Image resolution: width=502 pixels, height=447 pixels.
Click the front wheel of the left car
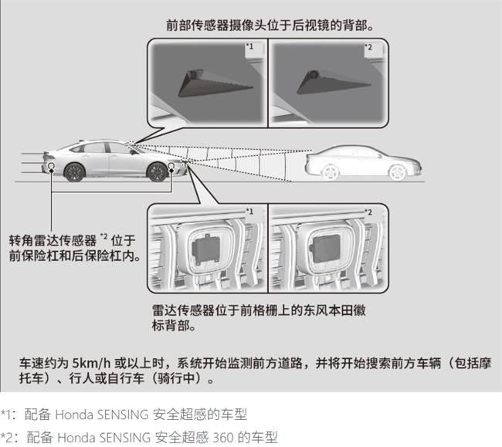pyautogui.click(x=157, y=172)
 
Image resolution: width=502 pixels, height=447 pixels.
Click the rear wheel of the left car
pyautogui.click(x=75, y=172)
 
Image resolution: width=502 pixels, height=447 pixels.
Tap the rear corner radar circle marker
pyautogui.click(x=51, y=165)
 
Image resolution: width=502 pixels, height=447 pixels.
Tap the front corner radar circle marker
pyautogui.click(x=171, y=165)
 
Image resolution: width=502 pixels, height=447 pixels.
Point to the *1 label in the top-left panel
pyautogui.click(x=249, y=46)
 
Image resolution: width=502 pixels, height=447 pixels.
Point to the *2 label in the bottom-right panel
pyautogui.click(x=368, y=212)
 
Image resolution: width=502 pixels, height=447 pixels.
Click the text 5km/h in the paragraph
pyautogui.click(x=91, y=363)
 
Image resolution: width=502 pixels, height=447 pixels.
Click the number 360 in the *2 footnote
pyautogui.click(x=223, y=438)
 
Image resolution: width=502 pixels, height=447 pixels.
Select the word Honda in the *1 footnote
pyautogui.click(x=74, y=415)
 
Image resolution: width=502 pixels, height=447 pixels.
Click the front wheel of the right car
pyautogui.click(x=397, y=172)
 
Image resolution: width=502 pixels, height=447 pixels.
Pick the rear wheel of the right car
pyautogui.click(x=330, y=172)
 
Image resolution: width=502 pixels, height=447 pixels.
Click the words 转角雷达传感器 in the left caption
pyautogui.click(x=53, y=241)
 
